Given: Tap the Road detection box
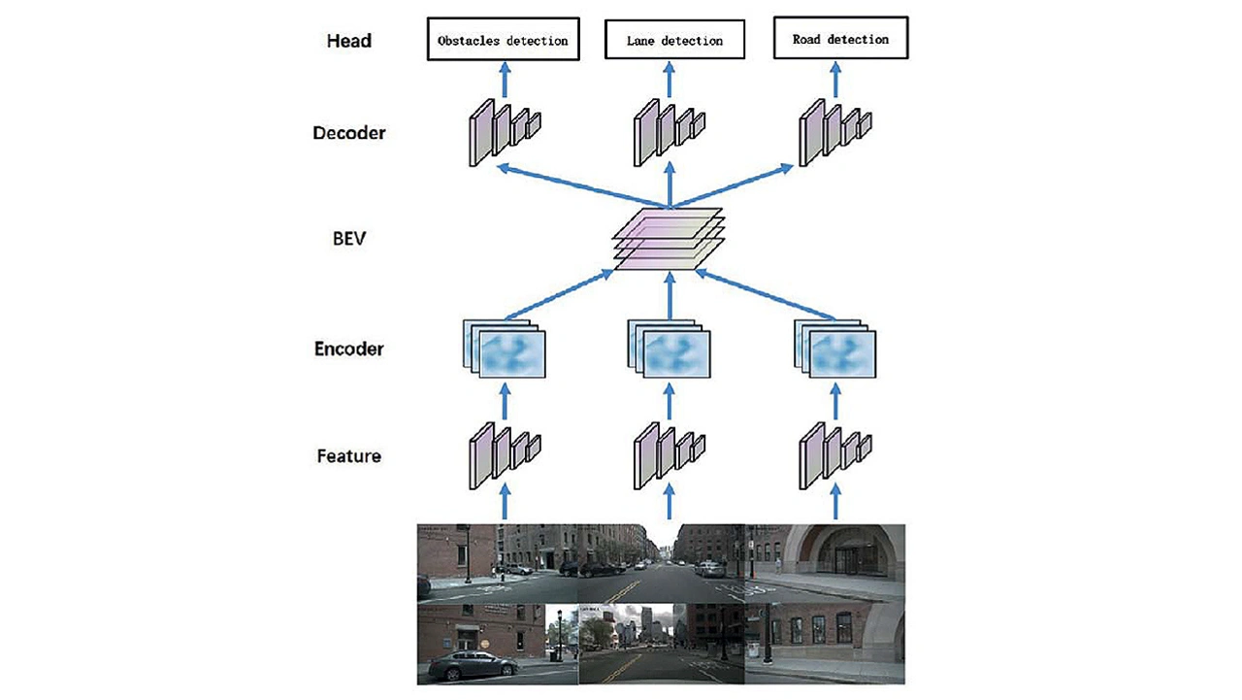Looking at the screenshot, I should (839, 40).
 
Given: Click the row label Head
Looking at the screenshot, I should (348, 42).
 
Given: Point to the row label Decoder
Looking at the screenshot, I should (348, 133).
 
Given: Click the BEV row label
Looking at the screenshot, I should (348, 237).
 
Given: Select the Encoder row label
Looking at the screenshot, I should (348, 349).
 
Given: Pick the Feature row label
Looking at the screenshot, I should (348, 454).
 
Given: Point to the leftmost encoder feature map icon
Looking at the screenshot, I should (505, 349).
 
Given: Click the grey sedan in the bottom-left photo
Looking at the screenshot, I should (473, 664).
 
